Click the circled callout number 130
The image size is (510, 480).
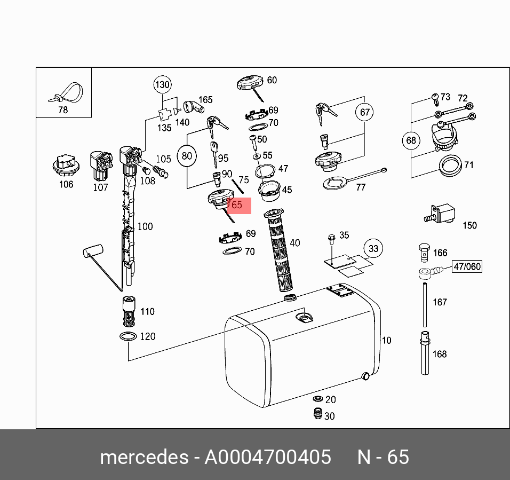(162, 85)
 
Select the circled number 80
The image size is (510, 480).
(187, 156)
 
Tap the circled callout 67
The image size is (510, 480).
(365, 112)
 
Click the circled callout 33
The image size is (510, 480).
(373, 248)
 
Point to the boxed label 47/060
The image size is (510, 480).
(467, 267)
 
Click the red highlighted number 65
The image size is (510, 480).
(238, 204)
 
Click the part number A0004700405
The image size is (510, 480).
(268, 457)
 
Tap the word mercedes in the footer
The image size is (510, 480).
(144, 457)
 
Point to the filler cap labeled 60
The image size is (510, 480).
(249, 84)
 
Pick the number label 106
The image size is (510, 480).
(66, 185)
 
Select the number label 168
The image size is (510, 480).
(440, 354)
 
